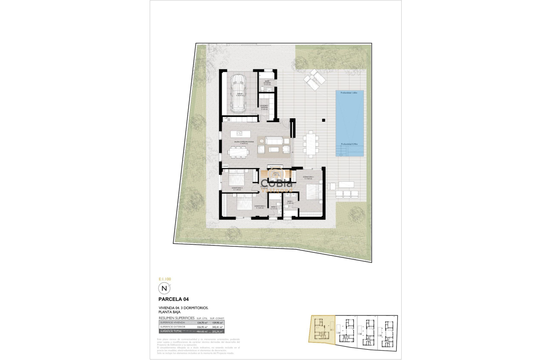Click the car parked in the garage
(237, 93)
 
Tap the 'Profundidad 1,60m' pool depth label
(349, 93)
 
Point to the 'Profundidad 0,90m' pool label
(349, 144)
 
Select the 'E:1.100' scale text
(165, 279)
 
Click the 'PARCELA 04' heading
(174, 299)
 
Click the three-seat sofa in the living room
(274, 140)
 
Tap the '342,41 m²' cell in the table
(218, 327)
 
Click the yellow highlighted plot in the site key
(321, 329)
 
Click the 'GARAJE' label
(240, 93)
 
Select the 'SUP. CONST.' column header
(218, 318)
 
